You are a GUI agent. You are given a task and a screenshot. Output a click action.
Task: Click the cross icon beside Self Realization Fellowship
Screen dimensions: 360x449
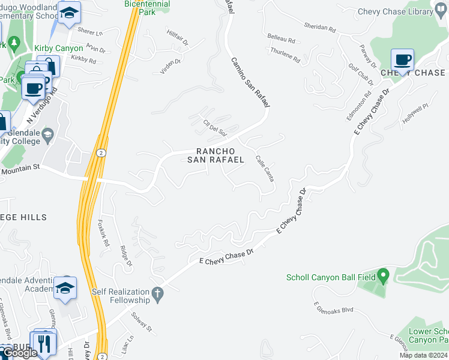(157, 293)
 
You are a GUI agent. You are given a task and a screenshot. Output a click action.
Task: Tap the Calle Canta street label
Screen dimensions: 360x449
(265, 167)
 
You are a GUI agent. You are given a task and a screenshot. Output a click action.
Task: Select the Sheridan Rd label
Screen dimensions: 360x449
(319, 27)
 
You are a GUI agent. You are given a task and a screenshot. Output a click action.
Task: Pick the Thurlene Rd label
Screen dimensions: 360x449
(285, 57)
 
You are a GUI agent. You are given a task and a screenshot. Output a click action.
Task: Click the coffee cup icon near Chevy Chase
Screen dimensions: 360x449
(403, 60)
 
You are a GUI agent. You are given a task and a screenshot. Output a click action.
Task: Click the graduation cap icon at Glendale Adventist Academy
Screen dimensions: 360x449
(65, 287)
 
